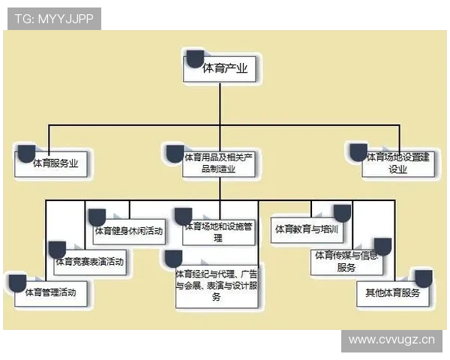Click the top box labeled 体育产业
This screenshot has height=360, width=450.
225,69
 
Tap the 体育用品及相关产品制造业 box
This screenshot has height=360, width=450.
220,163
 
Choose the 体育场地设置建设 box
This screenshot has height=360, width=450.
397,163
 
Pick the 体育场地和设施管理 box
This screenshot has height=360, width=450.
219,231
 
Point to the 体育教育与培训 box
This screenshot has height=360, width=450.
306,228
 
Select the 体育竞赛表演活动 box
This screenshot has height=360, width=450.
89,262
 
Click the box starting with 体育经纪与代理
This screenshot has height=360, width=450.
217,284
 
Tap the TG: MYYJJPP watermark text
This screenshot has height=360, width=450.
54,19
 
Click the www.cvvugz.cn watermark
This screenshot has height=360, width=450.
391,339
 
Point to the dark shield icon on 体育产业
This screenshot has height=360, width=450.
195,58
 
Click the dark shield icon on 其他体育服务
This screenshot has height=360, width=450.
423,279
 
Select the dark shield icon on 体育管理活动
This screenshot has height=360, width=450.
16,283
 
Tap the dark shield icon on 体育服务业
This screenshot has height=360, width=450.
26,154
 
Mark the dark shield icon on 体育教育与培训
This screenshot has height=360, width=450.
341,213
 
